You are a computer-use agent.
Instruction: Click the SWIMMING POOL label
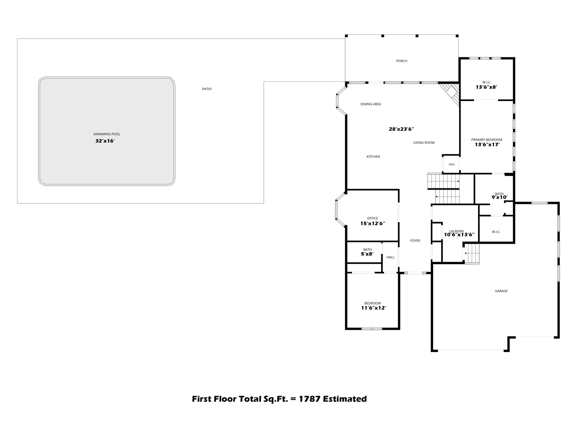coord(107,134)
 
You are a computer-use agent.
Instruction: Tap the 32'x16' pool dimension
coord(105,141)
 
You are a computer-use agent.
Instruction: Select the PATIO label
coord(207,89)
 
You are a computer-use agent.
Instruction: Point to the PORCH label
coord(401,61)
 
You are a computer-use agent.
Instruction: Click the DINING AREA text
coord(370,104)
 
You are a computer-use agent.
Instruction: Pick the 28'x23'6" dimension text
coord(401,129)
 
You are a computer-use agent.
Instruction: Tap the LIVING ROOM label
coord(424,143)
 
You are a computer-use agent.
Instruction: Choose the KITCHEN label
coord(373,157)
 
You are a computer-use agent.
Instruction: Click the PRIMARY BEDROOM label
coord(486,140)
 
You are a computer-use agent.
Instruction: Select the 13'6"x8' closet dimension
coord(486,87)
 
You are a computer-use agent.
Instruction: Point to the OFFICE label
coord(373,218)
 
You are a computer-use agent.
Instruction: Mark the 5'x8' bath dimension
coord(367,254)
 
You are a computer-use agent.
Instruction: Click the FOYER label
coord(415,241)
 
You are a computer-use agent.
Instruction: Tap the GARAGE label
coord(501,291)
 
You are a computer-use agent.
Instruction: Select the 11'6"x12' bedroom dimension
coord(373,308)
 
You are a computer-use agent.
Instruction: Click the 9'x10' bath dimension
coord(499,197)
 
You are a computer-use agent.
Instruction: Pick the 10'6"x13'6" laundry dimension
coord(459,235)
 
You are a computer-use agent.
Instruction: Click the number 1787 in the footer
coord(310,399)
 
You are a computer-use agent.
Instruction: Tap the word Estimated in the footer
coord(345,399)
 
